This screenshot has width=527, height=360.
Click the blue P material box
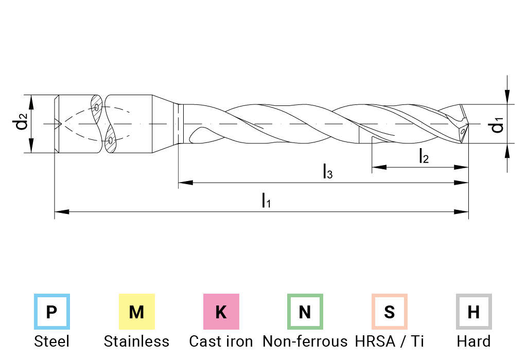[x=51, y=312]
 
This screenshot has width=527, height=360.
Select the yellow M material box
[x=136, y=312]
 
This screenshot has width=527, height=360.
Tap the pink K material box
[x=221, y=312]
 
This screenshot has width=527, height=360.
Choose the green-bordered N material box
[x=305, y=312]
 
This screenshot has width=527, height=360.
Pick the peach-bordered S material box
[x=390, y=312]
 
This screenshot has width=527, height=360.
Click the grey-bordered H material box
[x=473, y=312]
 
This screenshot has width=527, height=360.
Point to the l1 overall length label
[x=266, y=200]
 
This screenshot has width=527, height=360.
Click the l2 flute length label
[x=423, y=156]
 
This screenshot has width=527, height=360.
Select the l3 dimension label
[x=327, y=171]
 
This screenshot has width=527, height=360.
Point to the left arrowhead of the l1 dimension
[x=62, y=212]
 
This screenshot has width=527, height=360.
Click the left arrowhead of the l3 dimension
[x=185, y=182]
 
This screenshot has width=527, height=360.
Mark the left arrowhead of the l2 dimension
[x=379, y=167]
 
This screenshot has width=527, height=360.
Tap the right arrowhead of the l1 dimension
[x=461, y=212]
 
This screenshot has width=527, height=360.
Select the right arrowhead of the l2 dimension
[x=461, y=167]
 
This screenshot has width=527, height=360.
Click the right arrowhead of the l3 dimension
[x=461, y=182]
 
